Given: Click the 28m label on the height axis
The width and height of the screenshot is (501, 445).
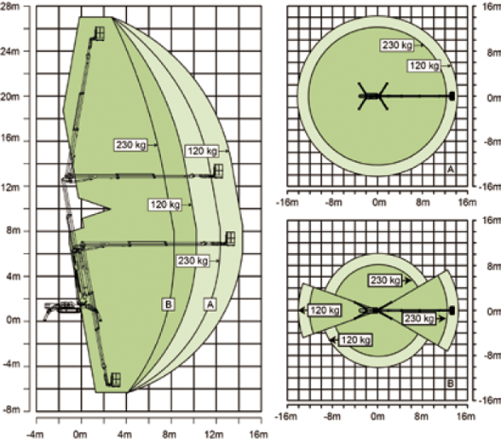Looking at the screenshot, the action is coord(10,6).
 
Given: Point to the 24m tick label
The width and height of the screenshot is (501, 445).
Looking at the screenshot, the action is coord(10,51).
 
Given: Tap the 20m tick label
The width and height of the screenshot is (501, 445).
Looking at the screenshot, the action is coord(10,96).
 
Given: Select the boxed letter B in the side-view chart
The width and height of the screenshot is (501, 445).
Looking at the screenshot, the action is coord(169,304).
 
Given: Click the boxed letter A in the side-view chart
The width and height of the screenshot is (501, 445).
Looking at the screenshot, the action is coord(210,304).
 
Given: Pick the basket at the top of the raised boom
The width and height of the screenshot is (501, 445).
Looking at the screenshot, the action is coord(100,33).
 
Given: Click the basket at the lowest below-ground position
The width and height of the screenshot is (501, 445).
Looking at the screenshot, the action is coord(115,379).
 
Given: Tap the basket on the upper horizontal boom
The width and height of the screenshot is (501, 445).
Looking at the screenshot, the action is coord(218,171).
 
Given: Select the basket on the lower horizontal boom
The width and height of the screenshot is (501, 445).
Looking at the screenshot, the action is coord(230,239).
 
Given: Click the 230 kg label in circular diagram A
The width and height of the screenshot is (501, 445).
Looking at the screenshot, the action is coord(397,45).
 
